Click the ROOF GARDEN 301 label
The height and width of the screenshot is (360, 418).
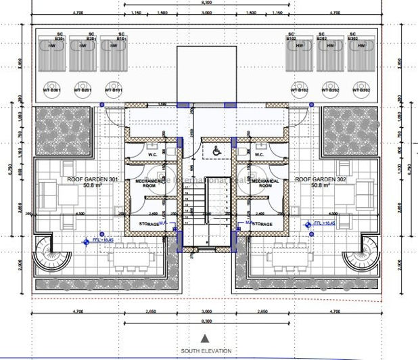pyautogui.click(x=92, y=179)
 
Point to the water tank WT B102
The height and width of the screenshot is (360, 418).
pyautogui.click(x=298, y=90)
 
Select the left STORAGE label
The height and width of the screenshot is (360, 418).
pyautogui.click(x=149, y=224)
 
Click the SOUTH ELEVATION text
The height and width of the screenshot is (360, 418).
pyautogui.click(x=206, y=351)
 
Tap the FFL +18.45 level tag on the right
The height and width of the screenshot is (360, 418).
pyautogui.click(x=324, y=223)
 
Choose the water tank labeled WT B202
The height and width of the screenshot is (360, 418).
pyautogui.click(x=330, y=90)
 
